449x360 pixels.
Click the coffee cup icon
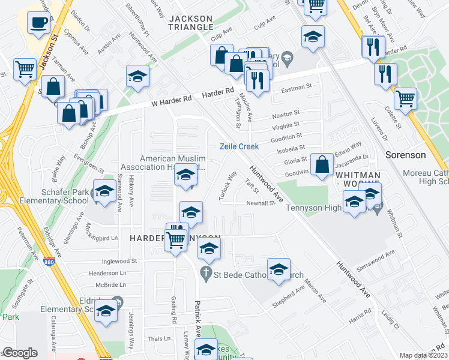(39, 23)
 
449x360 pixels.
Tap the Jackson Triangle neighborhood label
(191, 22)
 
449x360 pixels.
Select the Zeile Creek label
(239, 146)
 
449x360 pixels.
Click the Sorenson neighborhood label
(422, 155)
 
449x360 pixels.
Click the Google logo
(20, 353)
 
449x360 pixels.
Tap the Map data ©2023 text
(423, 355)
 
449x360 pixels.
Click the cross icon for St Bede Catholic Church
(206, 273)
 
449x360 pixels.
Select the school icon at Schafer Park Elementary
(105, 191)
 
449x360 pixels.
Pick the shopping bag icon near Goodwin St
(322, 163)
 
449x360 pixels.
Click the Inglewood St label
(120, 261)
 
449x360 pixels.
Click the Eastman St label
(297, 91)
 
